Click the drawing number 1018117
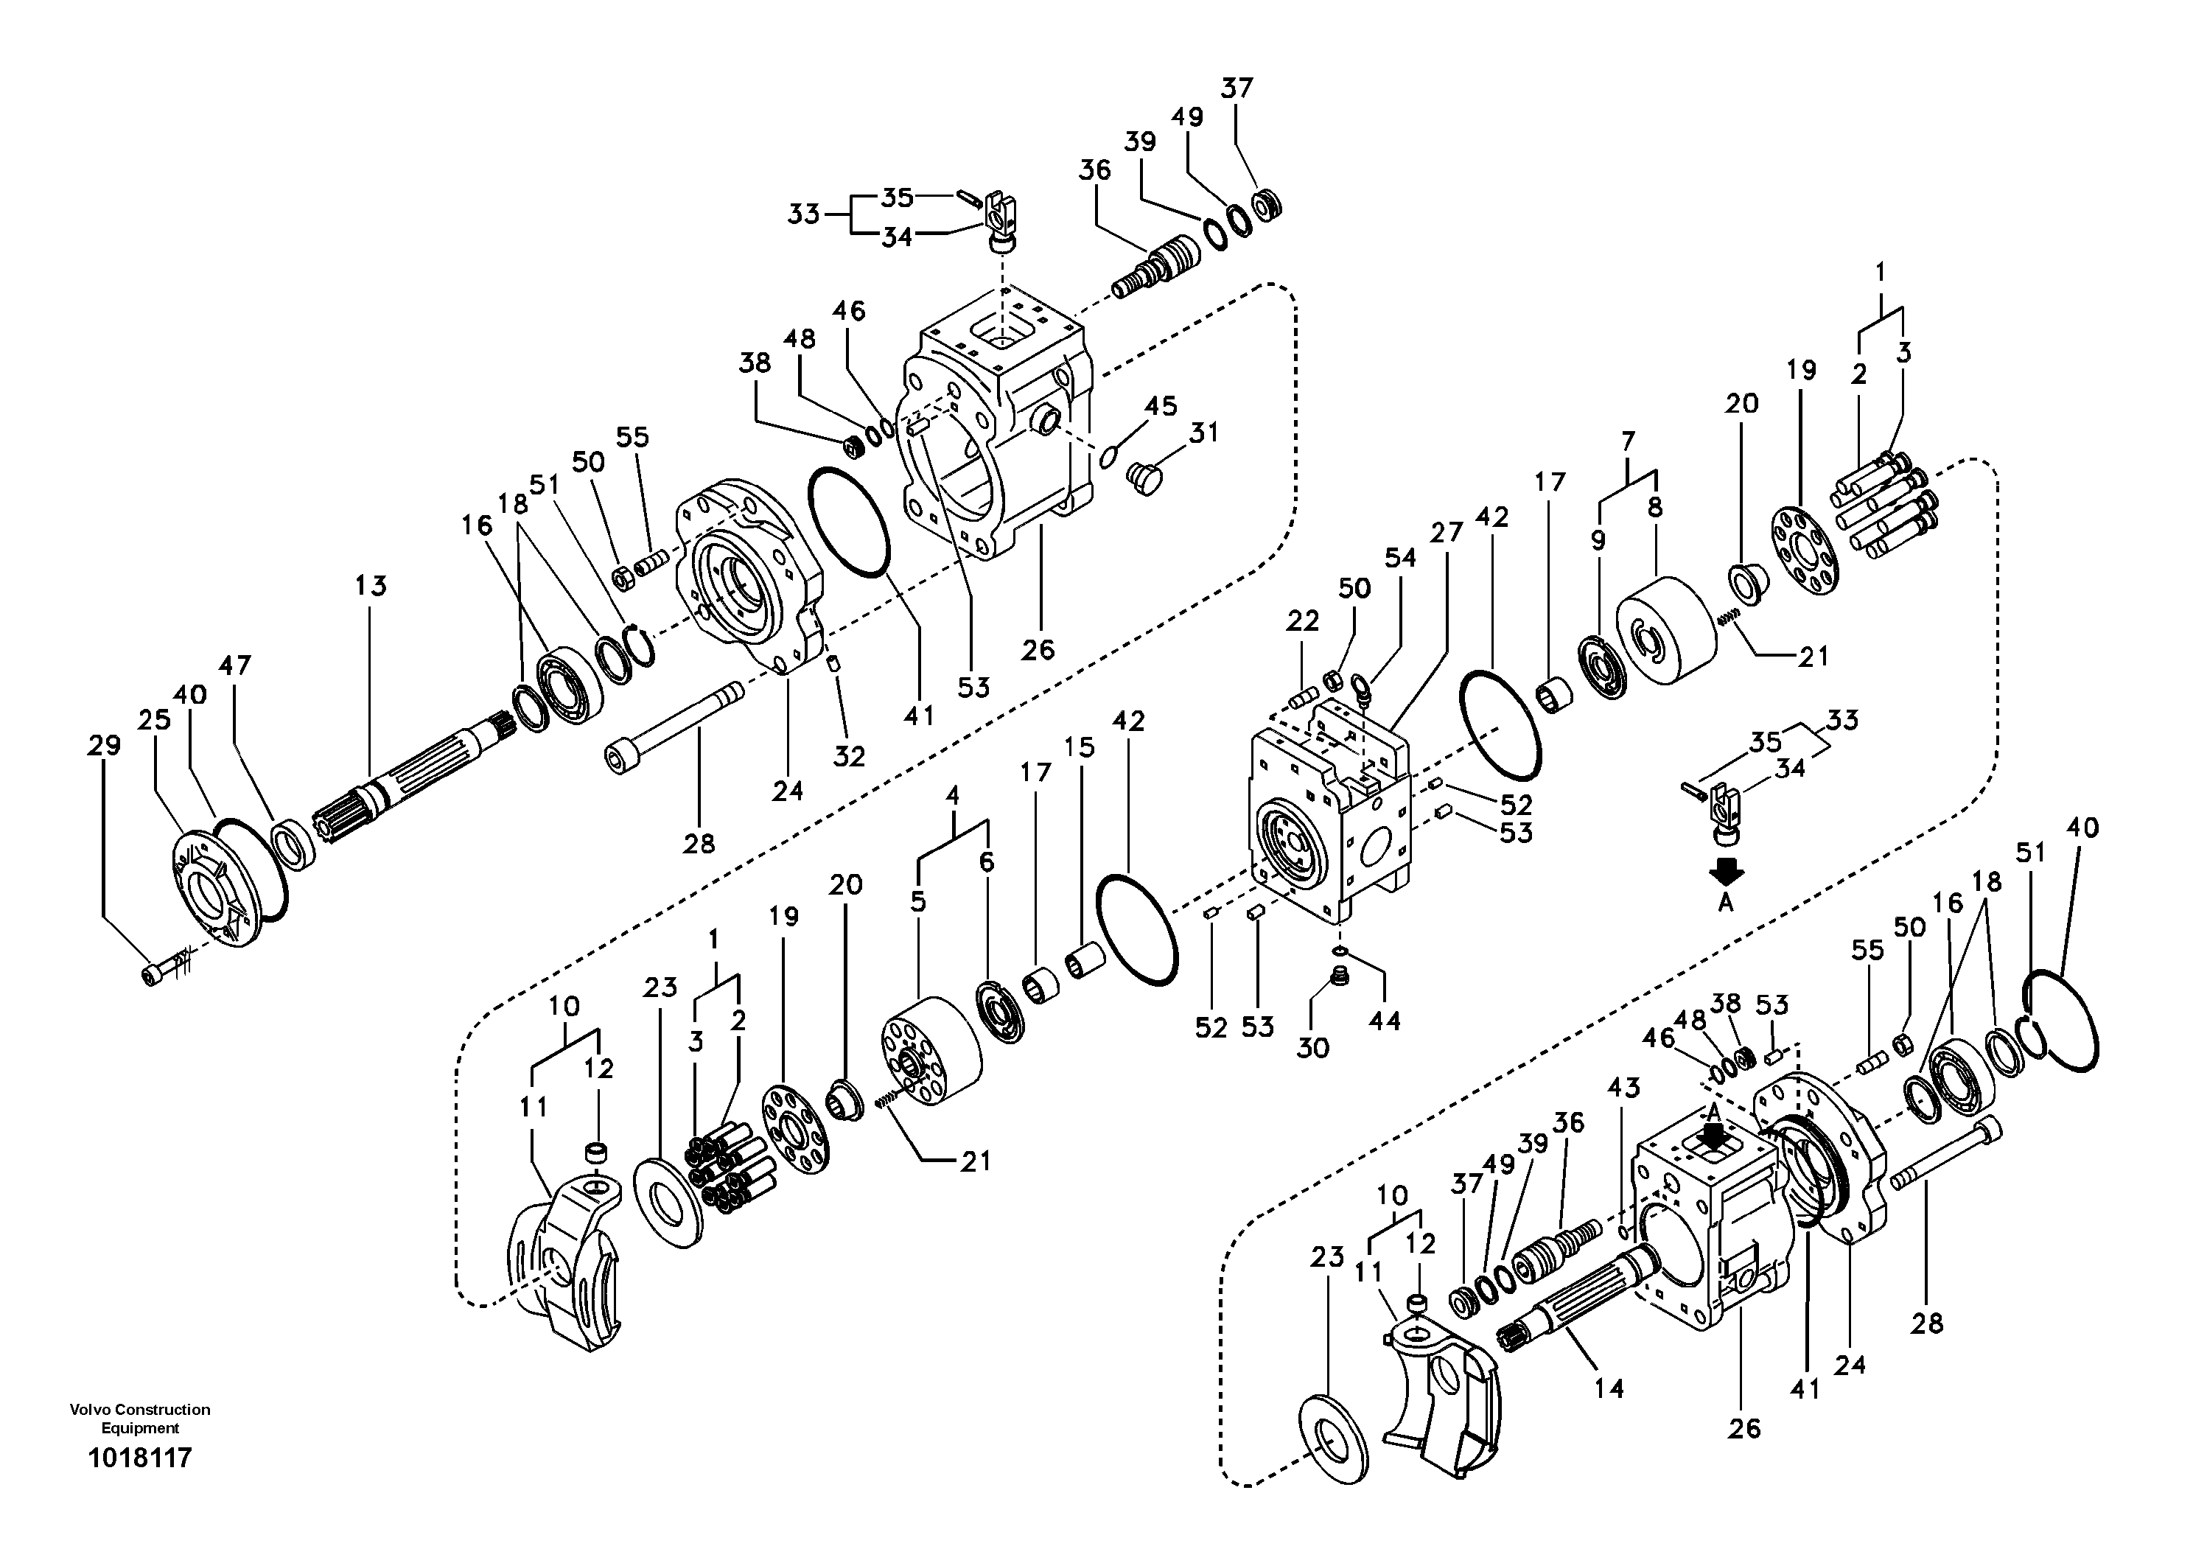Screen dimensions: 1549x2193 (139, 1458)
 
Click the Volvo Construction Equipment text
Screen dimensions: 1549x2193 (139, 1418)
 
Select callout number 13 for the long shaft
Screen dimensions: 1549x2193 (371, 585)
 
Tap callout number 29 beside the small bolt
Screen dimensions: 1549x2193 (104, 746)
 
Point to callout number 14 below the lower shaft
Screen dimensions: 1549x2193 (1609, 1388)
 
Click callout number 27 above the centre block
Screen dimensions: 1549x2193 (1446, 533)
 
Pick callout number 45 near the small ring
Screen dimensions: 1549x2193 (1161, 406)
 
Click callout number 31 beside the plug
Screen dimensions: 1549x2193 (1203, 433)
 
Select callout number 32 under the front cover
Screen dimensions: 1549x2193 (848, 756)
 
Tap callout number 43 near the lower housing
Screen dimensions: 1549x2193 (1623, 1087)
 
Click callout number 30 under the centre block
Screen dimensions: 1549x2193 (1312, 1048)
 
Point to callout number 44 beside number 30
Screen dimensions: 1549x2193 (1384, 1021)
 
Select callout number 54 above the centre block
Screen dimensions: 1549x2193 (1400, 559)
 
